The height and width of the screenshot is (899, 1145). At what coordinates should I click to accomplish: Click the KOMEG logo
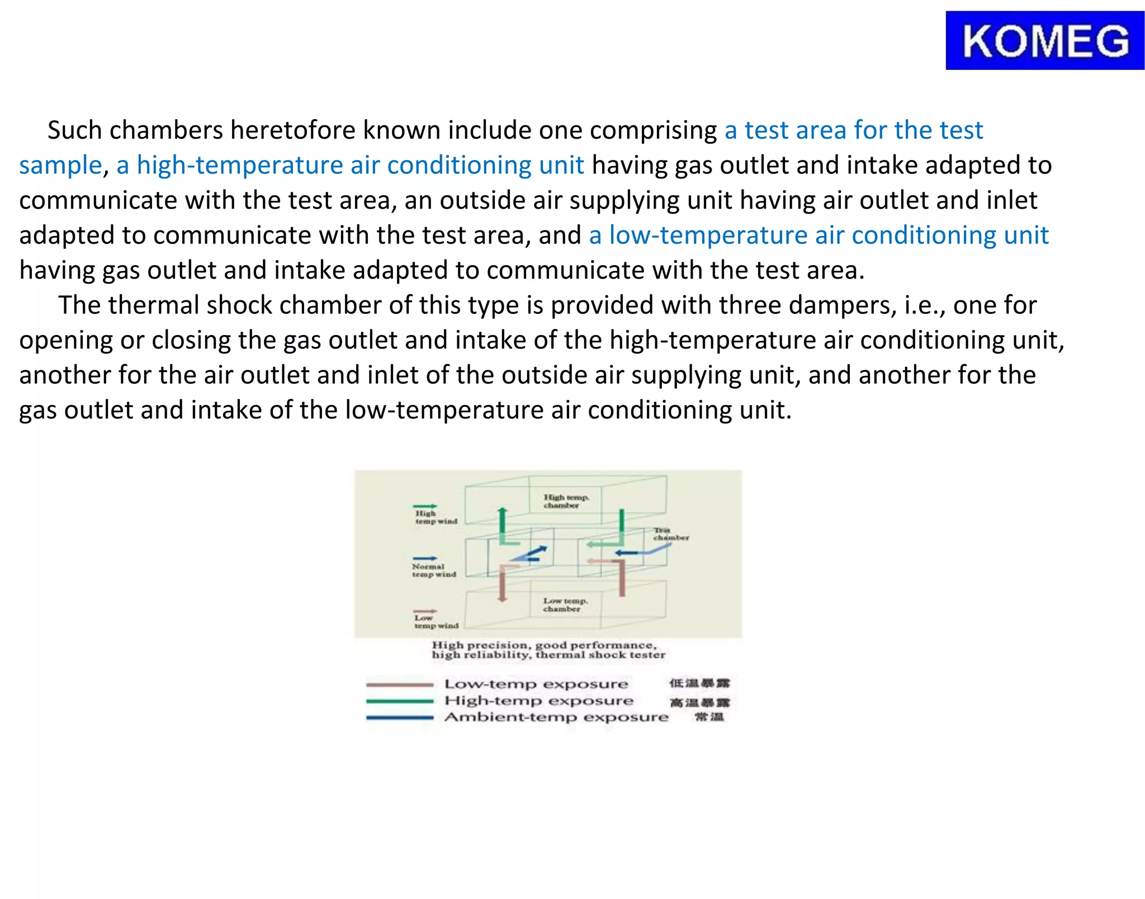tap(1044, 41)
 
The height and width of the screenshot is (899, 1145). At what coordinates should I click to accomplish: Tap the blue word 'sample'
tap(60, 166)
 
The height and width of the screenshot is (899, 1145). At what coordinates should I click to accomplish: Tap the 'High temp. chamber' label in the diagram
tap(566, 501)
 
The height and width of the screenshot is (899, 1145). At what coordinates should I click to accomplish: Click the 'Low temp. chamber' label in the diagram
tap(565, 605)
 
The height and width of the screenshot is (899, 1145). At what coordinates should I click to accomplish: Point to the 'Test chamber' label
tap(670, 534)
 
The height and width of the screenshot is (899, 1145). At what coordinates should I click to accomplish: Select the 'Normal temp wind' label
tap(434, 570)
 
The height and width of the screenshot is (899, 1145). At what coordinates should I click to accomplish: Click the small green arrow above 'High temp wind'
tap(425, 506)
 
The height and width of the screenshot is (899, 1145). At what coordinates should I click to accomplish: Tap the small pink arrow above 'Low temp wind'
tap(425, 611)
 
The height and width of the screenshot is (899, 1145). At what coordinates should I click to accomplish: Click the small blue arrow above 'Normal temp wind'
tap(425, 558)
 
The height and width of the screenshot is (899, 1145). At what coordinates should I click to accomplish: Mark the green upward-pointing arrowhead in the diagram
tap(503, 511)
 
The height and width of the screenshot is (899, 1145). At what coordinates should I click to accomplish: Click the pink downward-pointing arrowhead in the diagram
tap(503, 599)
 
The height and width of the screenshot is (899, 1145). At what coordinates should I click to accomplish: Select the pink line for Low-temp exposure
tap(399, 684)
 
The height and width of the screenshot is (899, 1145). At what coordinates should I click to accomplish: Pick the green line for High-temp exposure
tap(399, 701)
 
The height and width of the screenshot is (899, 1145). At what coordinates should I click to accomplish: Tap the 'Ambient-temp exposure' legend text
tap(556, 717)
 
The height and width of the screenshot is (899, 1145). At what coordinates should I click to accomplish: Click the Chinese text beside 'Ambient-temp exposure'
tap(709, 717)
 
